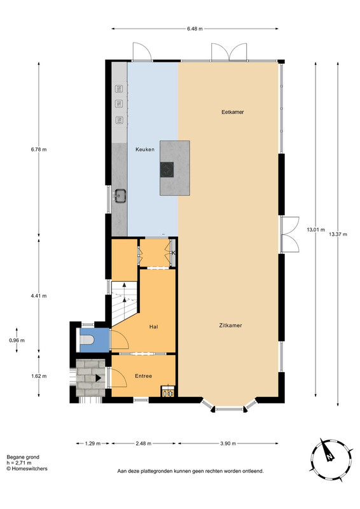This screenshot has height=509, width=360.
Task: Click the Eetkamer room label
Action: (232, 112)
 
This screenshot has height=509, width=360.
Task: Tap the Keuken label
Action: (145, 150)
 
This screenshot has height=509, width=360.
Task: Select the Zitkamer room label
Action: (230, 325)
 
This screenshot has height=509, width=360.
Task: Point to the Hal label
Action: (153, 326)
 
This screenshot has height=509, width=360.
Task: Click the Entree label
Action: (144, 376)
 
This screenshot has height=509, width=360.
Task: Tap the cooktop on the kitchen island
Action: (167, 170)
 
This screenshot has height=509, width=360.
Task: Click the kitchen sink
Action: (120, 196)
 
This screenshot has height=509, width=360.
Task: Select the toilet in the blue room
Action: (87, 340)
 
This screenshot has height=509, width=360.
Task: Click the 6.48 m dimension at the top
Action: (195, 29)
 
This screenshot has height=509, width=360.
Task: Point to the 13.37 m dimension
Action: (338, 234)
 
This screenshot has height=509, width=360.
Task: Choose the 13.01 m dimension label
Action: (316, 230)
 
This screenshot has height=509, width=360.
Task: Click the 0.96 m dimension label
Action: (17, 340)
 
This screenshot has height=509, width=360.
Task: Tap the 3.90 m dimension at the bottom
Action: (228, 443)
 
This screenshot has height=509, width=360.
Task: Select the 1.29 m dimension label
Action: (92, 443)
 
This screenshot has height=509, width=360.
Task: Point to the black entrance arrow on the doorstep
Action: (98, 378)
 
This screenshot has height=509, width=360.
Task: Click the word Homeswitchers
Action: (29, 469)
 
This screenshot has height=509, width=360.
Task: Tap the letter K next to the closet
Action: (174, 253)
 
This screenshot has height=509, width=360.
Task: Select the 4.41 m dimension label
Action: (39, 296)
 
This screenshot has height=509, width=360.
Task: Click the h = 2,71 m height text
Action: (19, 463)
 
